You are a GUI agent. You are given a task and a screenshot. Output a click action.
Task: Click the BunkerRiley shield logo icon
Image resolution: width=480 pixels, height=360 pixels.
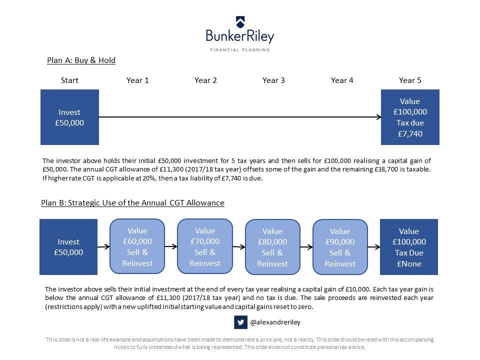(240, 22)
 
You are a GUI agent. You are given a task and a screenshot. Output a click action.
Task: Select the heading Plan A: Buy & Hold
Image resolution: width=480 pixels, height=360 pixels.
(81, 60)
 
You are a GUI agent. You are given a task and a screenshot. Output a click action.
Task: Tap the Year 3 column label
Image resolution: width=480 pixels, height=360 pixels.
(273, 80)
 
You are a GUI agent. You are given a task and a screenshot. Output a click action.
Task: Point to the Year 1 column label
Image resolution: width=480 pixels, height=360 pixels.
(138, 80)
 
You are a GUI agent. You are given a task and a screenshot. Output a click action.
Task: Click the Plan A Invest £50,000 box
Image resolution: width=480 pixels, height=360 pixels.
(70, 117)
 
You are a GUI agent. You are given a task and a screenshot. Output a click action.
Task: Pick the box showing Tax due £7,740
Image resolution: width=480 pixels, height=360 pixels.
(410, 117)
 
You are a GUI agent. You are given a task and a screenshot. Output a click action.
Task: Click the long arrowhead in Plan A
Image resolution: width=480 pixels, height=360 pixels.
(378, 117)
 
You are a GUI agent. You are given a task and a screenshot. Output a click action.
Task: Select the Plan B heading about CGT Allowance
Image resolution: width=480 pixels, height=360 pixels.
(133, 202)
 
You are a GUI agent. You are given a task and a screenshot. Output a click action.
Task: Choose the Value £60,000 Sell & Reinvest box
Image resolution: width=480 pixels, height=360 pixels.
(137, 246)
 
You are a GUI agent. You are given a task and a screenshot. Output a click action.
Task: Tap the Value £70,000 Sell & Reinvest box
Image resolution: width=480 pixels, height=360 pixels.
(205, 246)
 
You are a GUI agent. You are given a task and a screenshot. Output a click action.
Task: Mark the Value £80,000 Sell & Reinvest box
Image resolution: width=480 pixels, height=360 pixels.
(272, 246)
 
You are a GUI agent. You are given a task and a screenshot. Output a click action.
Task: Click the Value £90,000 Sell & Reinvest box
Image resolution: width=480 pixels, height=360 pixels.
(340, 246)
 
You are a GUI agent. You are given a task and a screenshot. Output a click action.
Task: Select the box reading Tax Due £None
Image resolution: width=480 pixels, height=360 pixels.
(409, 246)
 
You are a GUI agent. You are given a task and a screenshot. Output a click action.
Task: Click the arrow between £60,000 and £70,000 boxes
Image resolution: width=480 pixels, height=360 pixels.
(171, 246)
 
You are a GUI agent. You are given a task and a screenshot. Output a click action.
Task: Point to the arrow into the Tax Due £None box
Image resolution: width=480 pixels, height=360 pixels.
(374, 246)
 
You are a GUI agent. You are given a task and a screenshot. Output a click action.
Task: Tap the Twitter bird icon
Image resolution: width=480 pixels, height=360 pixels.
(240, 322)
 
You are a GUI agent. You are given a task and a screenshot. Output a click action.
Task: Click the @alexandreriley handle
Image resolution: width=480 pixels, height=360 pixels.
(275, 322)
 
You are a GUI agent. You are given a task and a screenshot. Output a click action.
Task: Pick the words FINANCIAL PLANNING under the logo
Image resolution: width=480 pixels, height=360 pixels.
(239, 49)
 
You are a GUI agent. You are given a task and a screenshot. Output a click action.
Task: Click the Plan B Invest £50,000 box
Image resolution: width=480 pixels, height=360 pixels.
(68, 246)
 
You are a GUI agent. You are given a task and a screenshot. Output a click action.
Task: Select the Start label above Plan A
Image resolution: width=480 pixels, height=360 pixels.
(69, 80)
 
